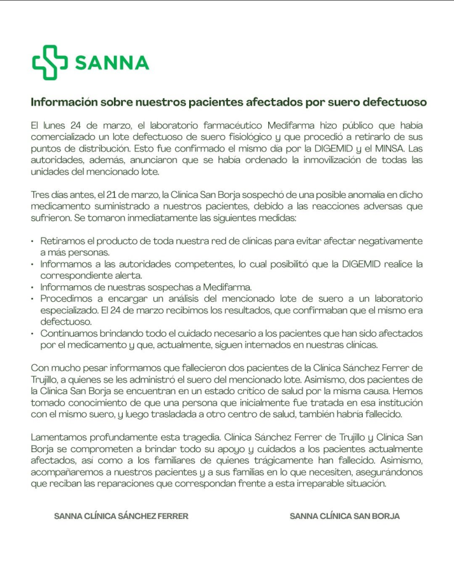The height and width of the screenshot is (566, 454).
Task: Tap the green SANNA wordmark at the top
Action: pos(112,62)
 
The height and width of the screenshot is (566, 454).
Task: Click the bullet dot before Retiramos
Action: pos(33,242)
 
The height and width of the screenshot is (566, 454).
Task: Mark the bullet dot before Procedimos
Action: pos(33,298)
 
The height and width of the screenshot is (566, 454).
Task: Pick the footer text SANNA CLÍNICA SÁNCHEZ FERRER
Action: pos(121,516)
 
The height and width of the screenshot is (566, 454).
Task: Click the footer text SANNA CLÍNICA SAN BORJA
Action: pos(345,516)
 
